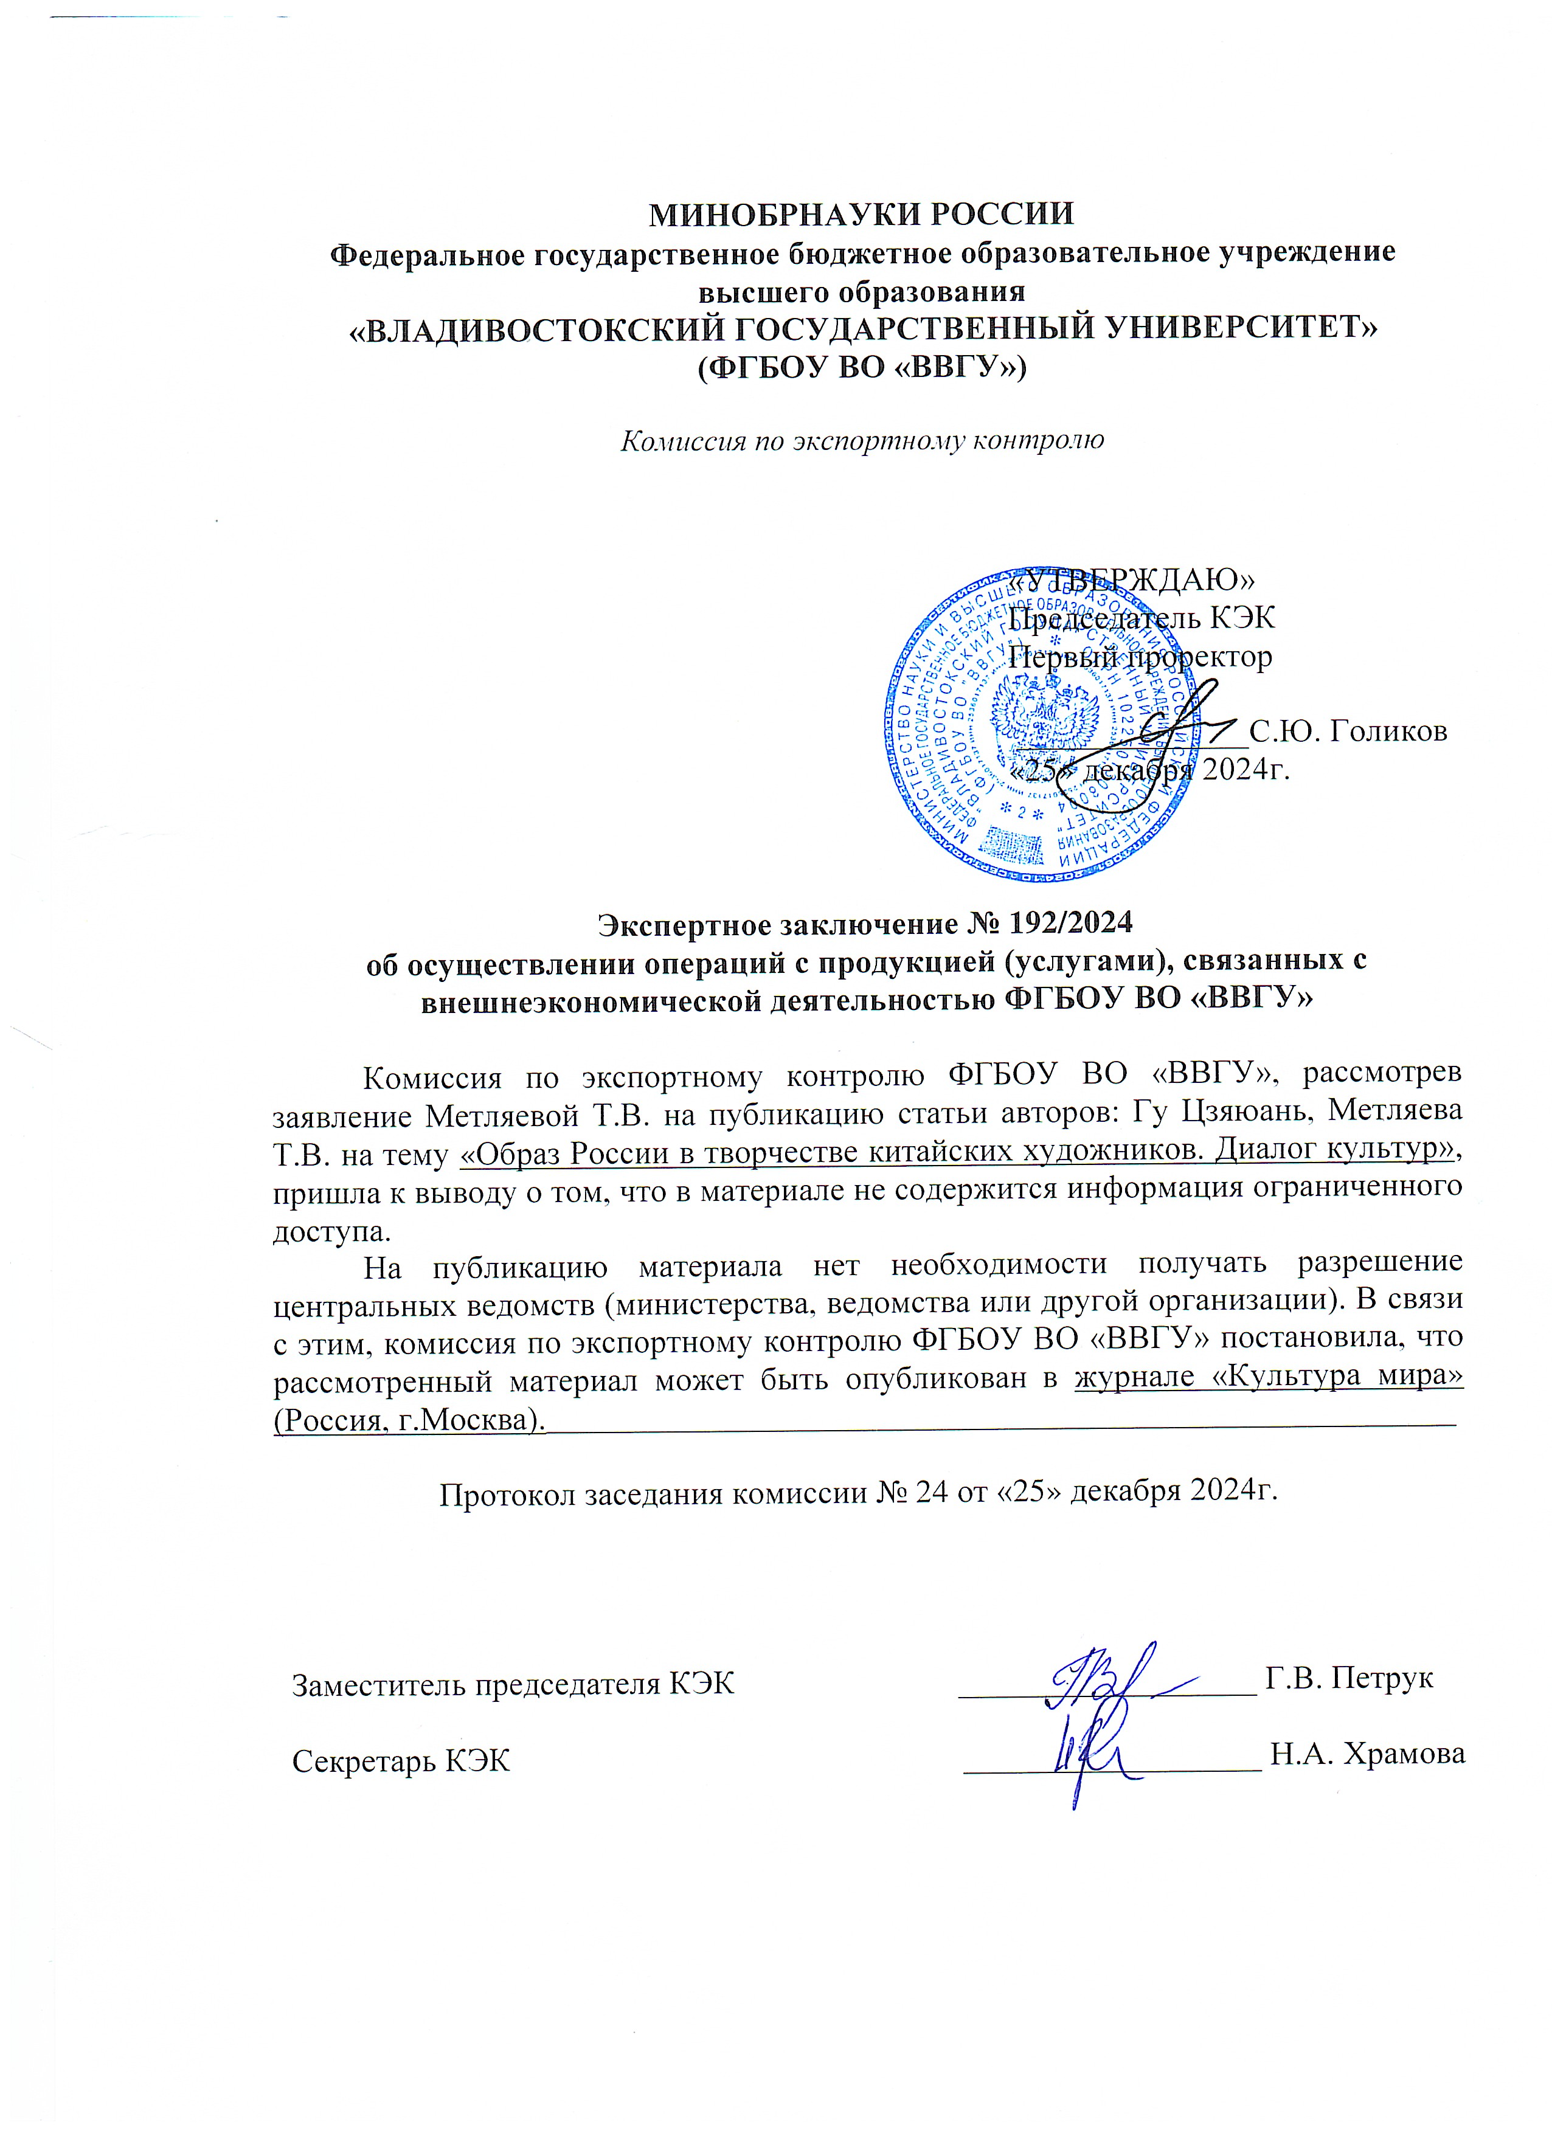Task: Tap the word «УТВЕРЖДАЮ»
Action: pos(1132,579)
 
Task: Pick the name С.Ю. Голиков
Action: pos(1347,731)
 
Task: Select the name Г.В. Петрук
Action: pos(1349,1677)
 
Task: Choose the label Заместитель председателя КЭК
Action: pos(513,1684)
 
